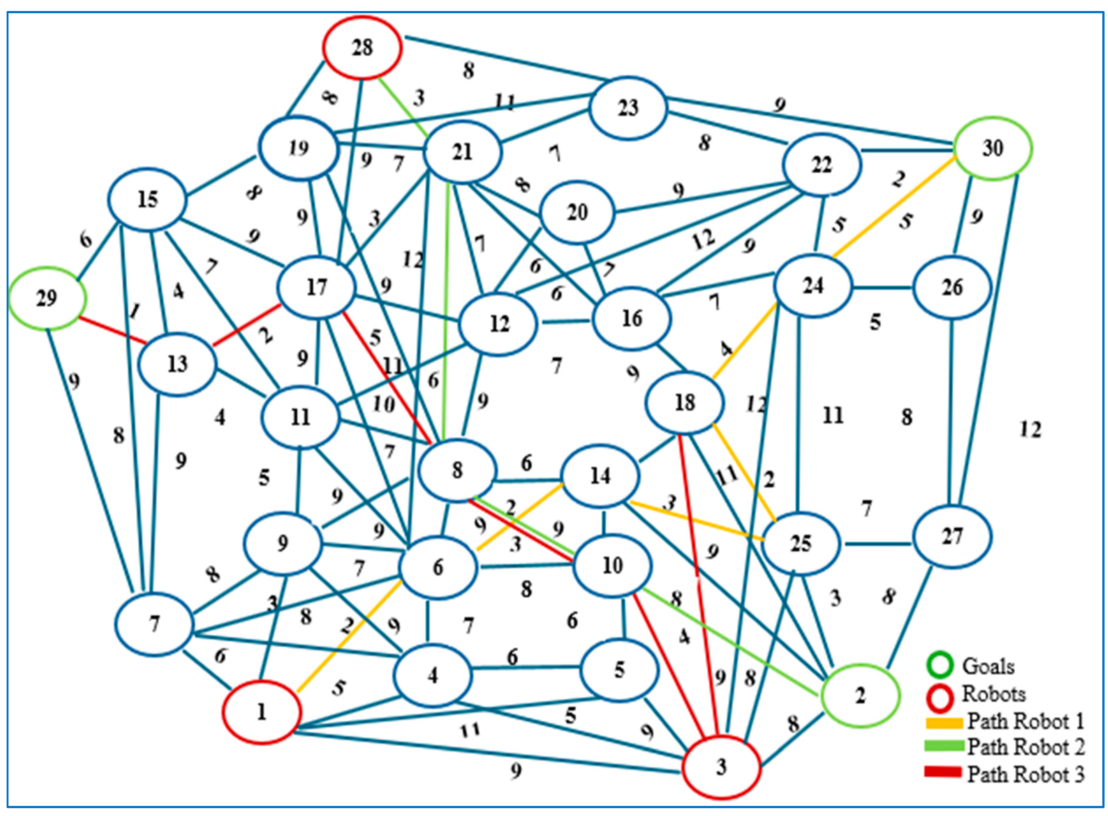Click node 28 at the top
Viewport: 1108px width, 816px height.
pos(362,48)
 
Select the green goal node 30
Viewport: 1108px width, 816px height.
pos(993,148)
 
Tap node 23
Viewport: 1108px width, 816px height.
pos(628,108)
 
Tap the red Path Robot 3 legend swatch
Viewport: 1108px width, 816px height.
pos(943,772)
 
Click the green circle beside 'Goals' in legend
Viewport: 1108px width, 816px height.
pos(940,665)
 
